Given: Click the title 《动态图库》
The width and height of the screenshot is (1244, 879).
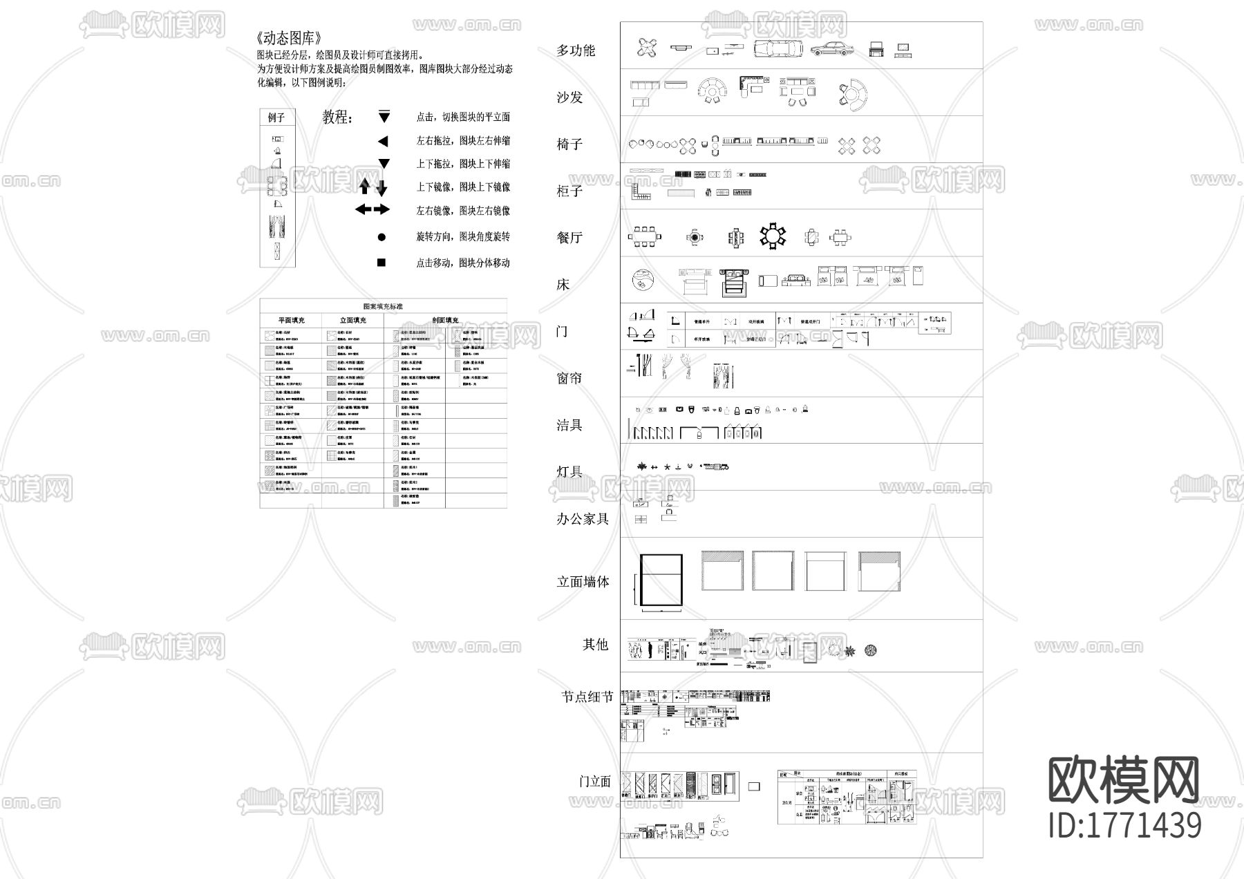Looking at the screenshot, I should pos(288,39).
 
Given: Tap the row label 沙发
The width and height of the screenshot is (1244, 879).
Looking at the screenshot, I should pos(570,97).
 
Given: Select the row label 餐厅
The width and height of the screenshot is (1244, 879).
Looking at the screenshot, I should pos(570,238).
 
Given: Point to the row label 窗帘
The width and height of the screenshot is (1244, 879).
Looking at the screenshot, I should pos(570,378).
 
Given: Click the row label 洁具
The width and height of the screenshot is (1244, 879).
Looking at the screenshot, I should pos(570,425).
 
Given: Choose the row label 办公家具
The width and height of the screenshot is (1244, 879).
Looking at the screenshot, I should pos(583,519).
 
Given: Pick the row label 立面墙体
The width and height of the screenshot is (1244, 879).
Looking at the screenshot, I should pos(583,582).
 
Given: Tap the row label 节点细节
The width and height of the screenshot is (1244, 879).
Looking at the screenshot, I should pos(587,697).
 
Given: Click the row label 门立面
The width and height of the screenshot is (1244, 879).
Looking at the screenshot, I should pos(595,782).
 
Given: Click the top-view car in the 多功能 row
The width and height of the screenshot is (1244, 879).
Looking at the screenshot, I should pos(778,49).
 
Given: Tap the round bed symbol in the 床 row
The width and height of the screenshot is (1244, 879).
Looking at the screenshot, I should pos(643,280).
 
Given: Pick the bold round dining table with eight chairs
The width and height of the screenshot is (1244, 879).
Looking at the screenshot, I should pos(773,236).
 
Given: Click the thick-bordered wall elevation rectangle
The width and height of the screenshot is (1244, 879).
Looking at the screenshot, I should pos(661,580).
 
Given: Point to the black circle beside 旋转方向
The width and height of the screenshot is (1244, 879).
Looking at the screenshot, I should pos(381,237).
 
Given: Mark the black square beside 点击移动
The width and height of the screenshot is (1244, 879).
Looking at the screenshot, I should pos(381,263).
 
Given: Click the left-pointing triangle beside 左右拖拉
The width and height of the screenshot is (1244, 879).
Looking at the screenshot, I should pos(383,141).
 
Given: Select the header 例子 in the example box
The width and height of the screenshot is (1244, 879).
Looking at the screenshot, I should pos(277,118).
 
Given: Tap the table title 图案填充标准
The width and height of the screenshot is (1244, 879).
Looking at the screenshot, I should pos(383,306).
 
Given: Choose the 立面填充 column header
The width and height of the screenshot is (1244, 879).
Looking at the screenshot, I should pos(353,321).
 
